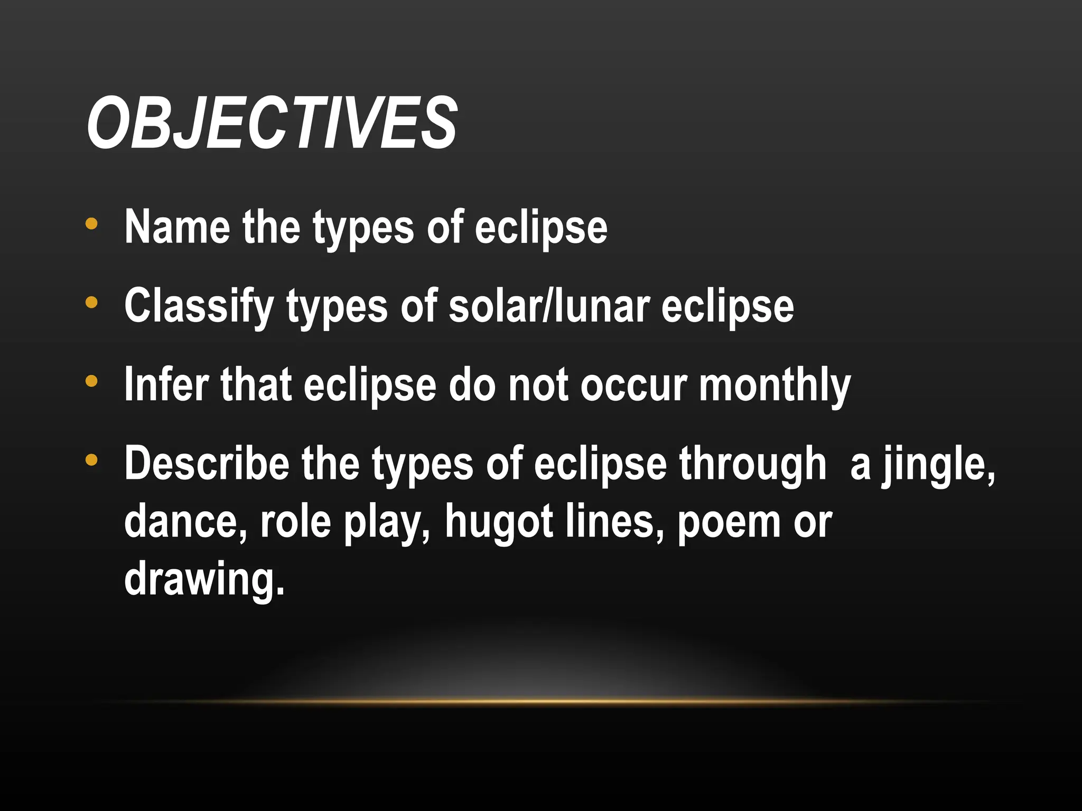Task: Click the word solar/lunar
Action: coord(549,306)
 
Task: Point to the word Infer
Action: coord(166,385)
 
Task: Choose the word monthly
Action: coord(775,385)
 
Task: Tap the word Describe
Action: coord(207,464)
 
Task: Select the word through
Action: coord(752,464)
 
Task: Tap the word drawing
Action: coord(204,579)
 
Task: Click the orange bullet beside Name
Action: coord(91,223)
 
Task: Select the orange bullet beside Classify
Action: coord(91,303)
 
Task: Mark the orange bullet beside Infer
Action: coord(91,381)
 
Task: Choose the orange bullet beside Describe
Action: coord(91,460)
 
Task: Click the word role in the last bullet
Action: coord(295,521)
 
